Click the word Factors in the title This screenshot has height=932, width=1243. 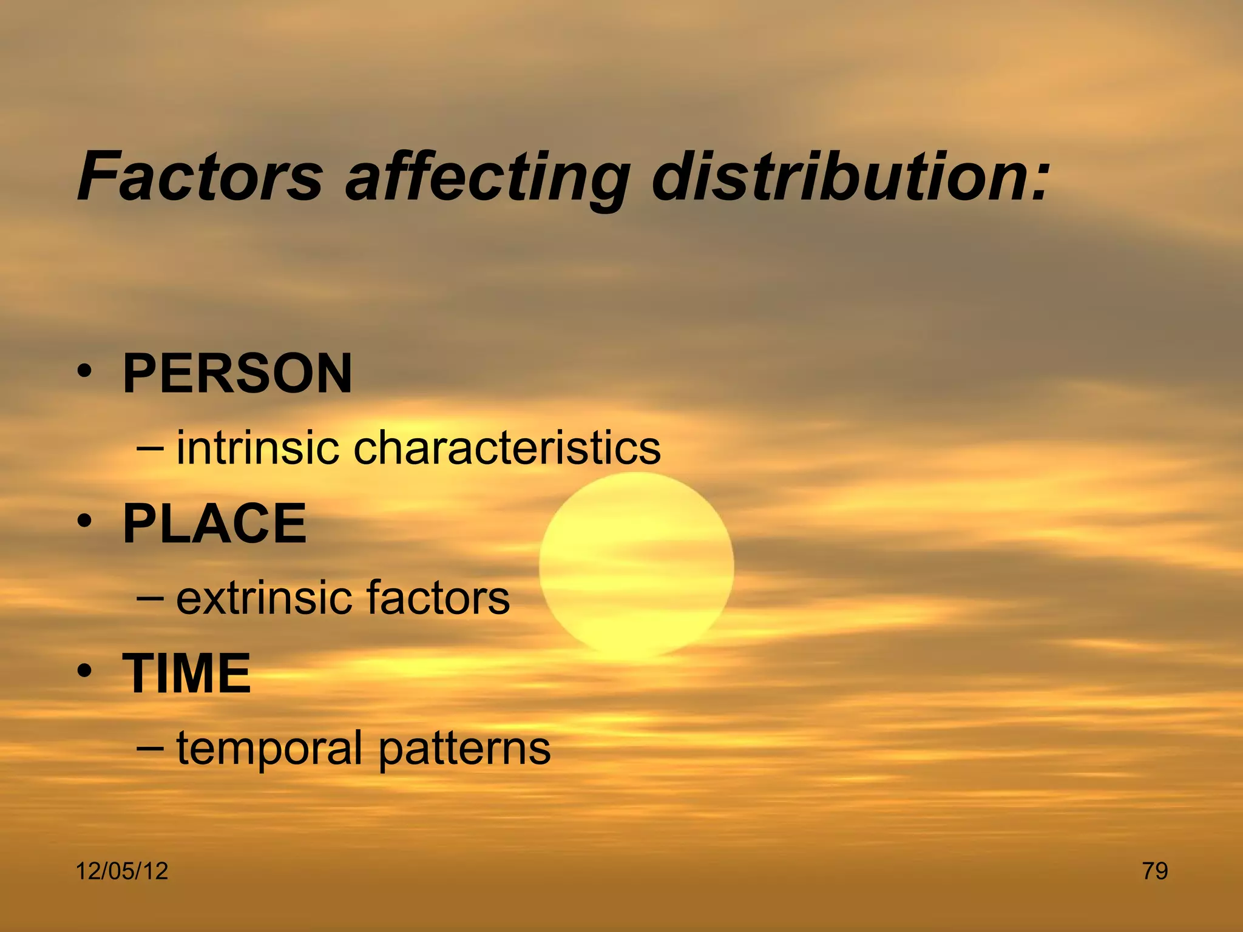200,177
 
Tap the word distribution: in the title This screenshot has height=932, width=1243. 850,177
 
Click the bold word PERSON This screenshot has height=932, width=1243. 237,374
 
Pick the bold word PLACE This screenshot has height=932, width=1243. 215,524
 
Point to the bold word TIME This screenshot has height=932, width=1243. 187,674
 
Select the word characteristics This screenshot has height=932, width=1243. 507,448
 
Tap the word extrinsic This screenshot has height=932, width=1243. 263,598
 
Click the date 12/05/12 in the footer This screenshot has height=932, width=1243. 122,871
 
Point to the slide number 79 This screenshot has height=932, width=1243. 1155,871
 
